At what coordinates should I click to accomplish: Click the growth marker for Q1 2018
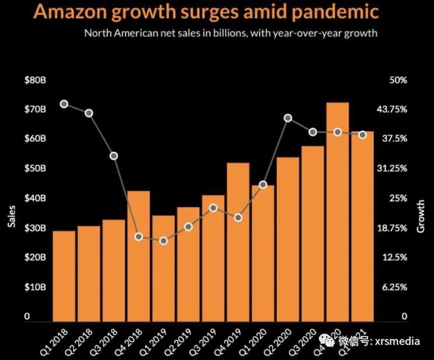pyautogui.click(x=64, y=104)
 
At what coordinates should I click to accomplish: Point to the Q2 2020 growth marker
pyautogui.click(x=288, y=118)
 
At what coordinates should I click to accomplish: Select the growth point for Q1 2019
pyautogui.click(x=164, y=240)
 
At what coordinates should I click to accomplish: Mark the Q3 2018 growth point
pyautogui.click(x=114, y=156)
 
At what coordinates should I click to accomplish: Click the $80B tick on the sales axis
pyautogui.click(x=35, y=80)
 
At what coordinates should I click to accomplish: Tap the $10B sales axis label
pyautogui.click(x=35, y=287)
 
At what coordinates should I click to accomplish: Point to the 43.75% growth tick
pyautogui.click(x=402, y=110)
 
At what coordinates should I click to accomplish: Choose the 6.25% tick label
pyautogui.click(x=402, y=287)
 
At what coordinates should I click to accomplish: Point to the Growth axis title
pyautogui.click(x=421, y=216)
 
